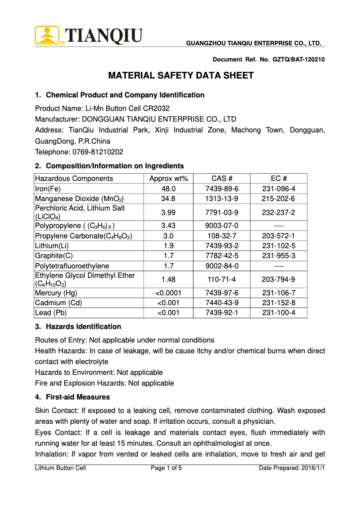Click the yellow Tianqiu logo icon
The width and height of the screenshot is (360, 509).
pyautogui.click(x=47, y=35)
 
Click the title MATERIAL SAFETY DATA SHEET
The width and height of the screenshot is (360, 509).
pyautogui.click(x=181, y=75)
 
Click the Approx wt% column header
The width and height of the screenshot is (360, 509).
pyautogui.click(x=168, y=179)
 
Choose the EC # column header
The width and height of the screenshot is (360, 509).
pyautogui.click(x=279, y=179)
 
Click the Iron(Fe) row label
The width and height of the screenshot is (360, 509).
pyautogui.click(x=48, y=189)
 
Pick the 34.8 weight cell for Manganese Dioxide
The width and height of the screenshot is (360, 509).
pyautogui.click(x=168, y=198)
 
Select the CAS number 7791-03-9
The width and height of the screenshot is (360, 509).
pyautogui.click(x=222, y=212)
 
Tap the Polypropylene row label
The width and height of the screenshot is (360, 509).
pyautogui.click(x=78, y=225)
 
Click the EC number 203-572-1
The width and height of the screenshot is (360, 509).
pyautogui.click(x=279, y=236)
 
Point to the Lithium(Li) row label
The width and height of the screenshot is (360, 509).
pyautogui.click(x=52, y=246)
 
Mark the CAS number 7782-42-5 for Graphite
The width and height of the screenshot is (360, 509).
pyautogui.click(x=222, y=256)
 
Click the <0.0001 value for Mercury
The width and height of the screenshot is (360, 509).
pyautogui.click(x=168, y=293)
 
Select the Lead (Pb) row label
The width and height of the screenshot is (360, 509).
pyautogui.click(x=51, y=313)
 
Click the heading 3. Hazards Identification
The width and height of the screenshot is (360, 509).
pyautogui.click(x=78, y=326)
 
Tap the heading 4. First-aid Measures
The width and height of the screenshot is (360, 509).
pyautogui.click(x=72, y=397)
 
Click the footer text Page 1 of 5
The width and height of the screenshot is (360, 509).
pyautogui.click(x=166, y=468)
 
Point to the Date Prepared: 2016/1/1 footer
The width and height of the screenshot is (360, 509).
pyautogui.click(x=292, y=468)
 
